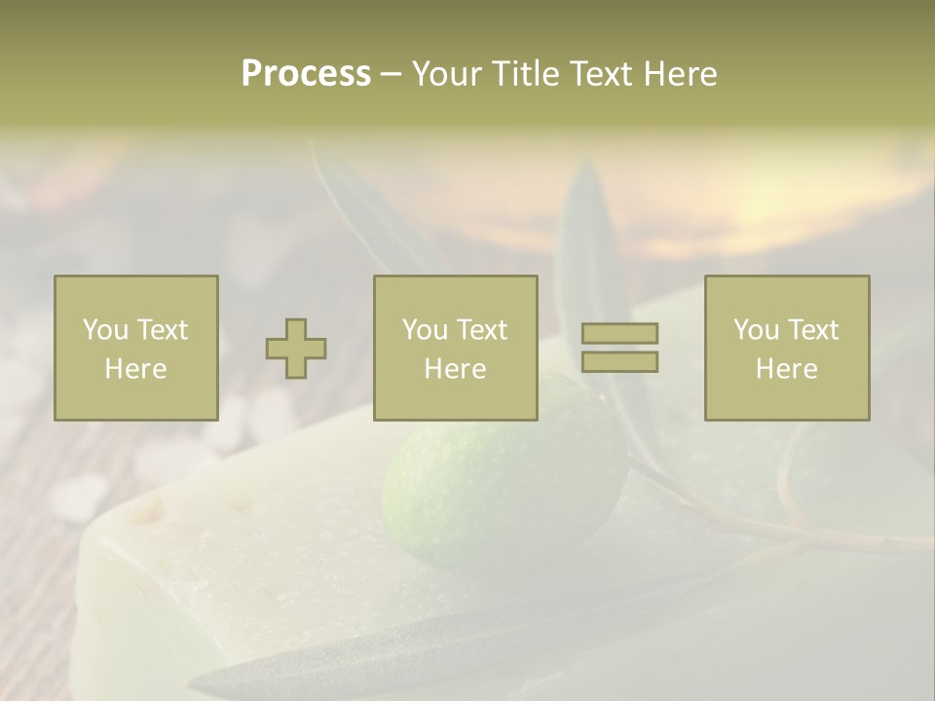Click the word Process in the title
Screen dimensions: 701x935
(x=306, y=74)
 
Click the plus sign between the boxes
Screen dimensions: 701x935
(x=296, y=349)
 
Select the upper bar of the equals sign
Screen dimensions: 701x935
(x=619, y=334)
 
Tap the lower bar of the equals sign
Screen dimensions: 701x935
(x=619, y=362)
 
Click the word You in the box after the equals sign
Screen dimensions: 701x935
(x=756, y=330)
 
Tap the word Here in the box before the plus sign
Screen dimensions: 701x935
(x=136, y=369)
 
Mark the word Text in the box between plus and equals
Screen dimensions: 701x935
(x=483, y=330)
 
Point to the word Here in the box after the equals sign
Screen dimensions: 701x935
(x=787, y=369)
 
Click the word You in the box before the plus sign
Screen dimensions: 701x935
(x=105, y=330)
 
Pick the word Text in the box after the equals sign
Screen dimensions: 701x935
(x=814, y=330)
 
